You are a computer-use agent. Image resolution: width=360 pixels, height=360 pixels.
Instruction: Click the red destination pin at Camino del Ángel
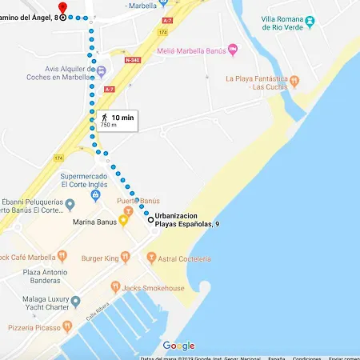(62, 7)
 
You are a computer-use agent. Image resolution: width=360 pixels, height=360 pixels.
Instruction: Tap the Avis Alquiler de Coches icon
(102, 70)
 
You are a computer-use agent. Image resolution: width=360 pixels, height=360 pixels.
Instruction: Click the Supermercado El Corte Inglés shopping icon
(95, 194)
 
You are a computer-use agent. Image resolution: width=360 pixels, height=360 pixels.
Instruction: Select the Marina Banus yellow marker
(124, 221)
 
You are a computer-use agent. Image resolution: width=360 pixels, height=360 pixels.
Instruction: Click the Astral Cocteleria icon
(150, 258)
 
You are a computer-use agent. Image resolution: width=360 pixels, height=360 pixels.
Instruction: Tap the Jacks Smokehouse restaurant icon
(115, 286)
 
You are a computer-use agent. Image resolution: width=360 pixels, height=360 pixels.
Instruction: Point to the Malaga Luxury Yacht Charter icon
(75, 302)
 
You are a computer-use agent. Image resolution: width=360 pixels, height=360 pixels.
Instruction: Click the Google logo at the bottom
(178, 346)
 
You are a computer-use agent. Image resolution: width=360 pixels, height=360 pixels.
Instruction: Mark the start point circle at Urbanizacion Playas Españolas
(150, 218)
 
